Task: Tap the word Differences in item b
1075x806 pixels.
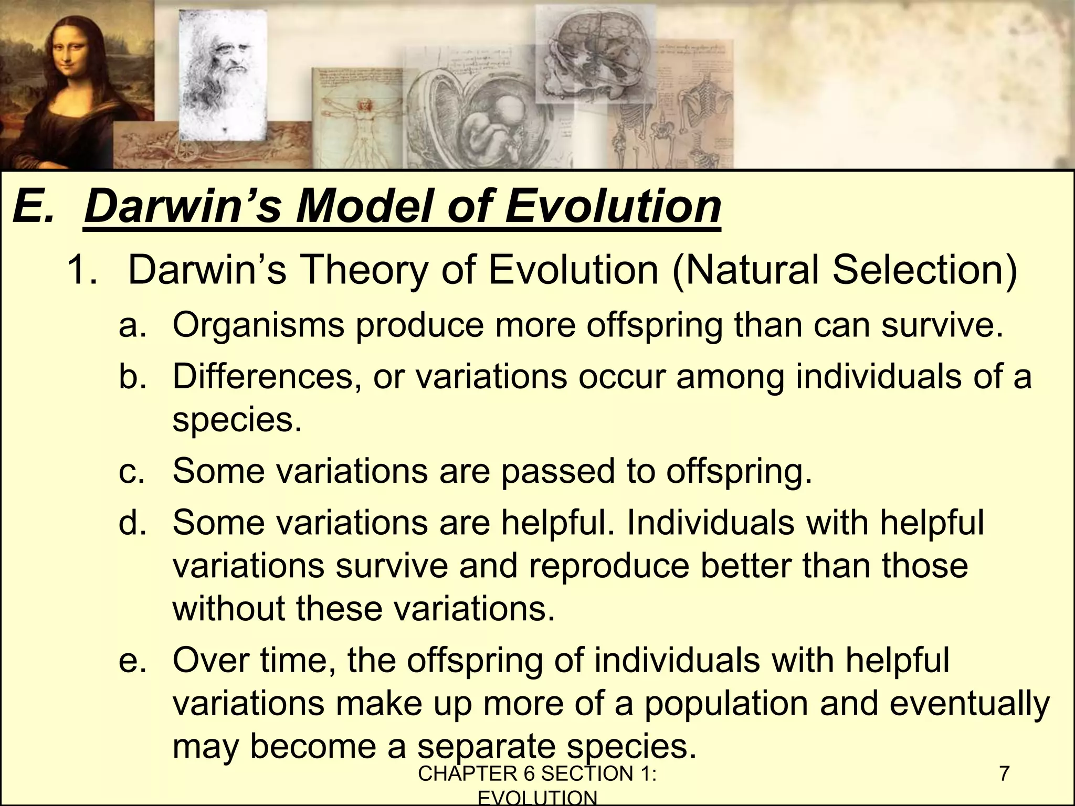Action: [x=266, y=376]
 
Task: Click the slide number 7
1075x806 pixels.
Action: [x=1004, y=774]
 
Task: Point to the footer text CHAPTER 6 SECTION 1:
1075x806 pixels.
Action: [x=537, y=774]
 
